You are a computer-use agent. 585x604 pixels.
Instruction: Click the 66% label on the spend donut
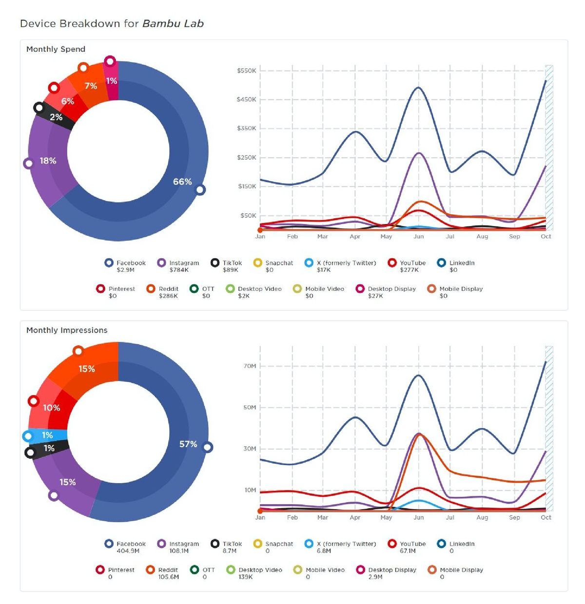pyautogui.click(x=182, y=182)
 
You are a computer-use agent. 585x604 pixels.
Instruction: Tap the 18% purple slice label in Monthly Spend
pyautogui.click(x=48, y=161)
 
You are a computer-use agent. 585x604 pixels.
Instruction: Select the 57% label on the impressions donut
pyautogui.click(x=188, y=444)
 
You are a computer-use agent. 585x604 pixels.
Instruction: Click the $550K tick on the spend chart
pyautogui.click(x=246, y=71)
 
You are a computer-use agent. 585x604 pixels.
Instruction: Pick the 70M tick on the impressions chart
pyautogui.click(x=250, y=366)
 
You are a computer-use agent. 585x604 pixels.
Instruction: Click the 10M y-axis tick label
pyautogui.click(x=250, y=490)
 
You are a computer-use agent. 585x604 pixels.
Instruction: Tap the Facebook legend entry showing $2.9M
pyautogui.click(x=125, y=266)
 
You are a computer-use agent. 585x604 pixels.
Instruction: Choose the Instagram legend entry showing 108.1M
pyautogui.click(x=178, y=547)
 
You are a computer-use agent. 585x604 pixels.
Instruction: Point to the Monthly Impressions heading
pyautogui.click(x=67, y=330)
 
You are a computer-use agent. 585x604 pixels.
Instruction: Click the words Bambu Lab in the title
pyautogui.click(x=173, y=23)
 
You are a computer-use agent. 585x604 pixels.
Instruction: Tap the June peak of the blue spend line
pyautogui.click(x=418, y=88)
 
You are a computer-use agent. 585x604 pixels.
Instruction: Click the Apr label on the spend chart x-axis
pyautogui.click(x=355, y=237)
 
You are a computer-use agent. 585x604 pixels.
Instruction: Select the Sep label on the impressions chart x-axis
pyautogui.click(x=514, y=518)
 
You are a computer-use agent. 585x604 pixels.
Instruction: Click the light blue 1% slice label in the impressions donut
pyautogui.click(x=47, y=435)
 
